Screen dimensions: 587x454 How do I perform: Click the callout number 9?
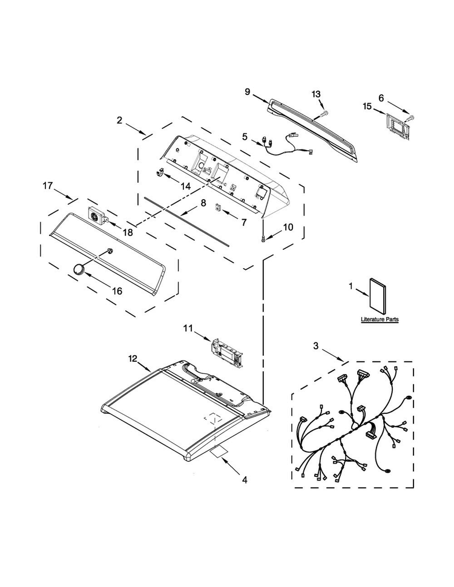coord(248,91)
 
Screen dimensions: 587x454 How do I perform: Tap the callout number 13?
coord(316,94)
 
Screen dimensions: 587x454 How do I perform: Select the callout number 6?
coord(381,98)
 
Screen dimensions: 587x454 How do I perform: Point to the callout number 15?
coord(367,107)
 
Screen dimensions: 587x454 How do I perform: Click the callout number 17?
coord(47,186)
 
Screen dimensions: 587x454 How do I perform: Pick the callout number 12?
coord(133,358)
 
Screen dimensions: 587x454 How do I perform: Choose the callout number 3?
coord(315,346)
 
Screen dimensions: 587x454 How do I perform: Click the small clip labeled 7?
coord(219,209)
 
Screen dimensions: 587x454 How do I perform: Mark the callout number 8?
coord(203,203)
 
